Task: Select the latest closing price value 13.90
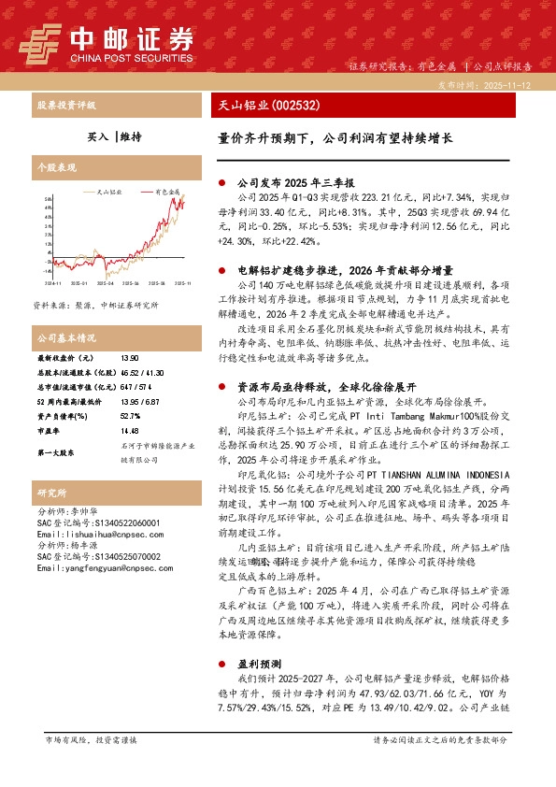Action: [130, 358]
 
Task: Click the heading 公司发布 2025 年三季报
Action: [291, 184]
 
